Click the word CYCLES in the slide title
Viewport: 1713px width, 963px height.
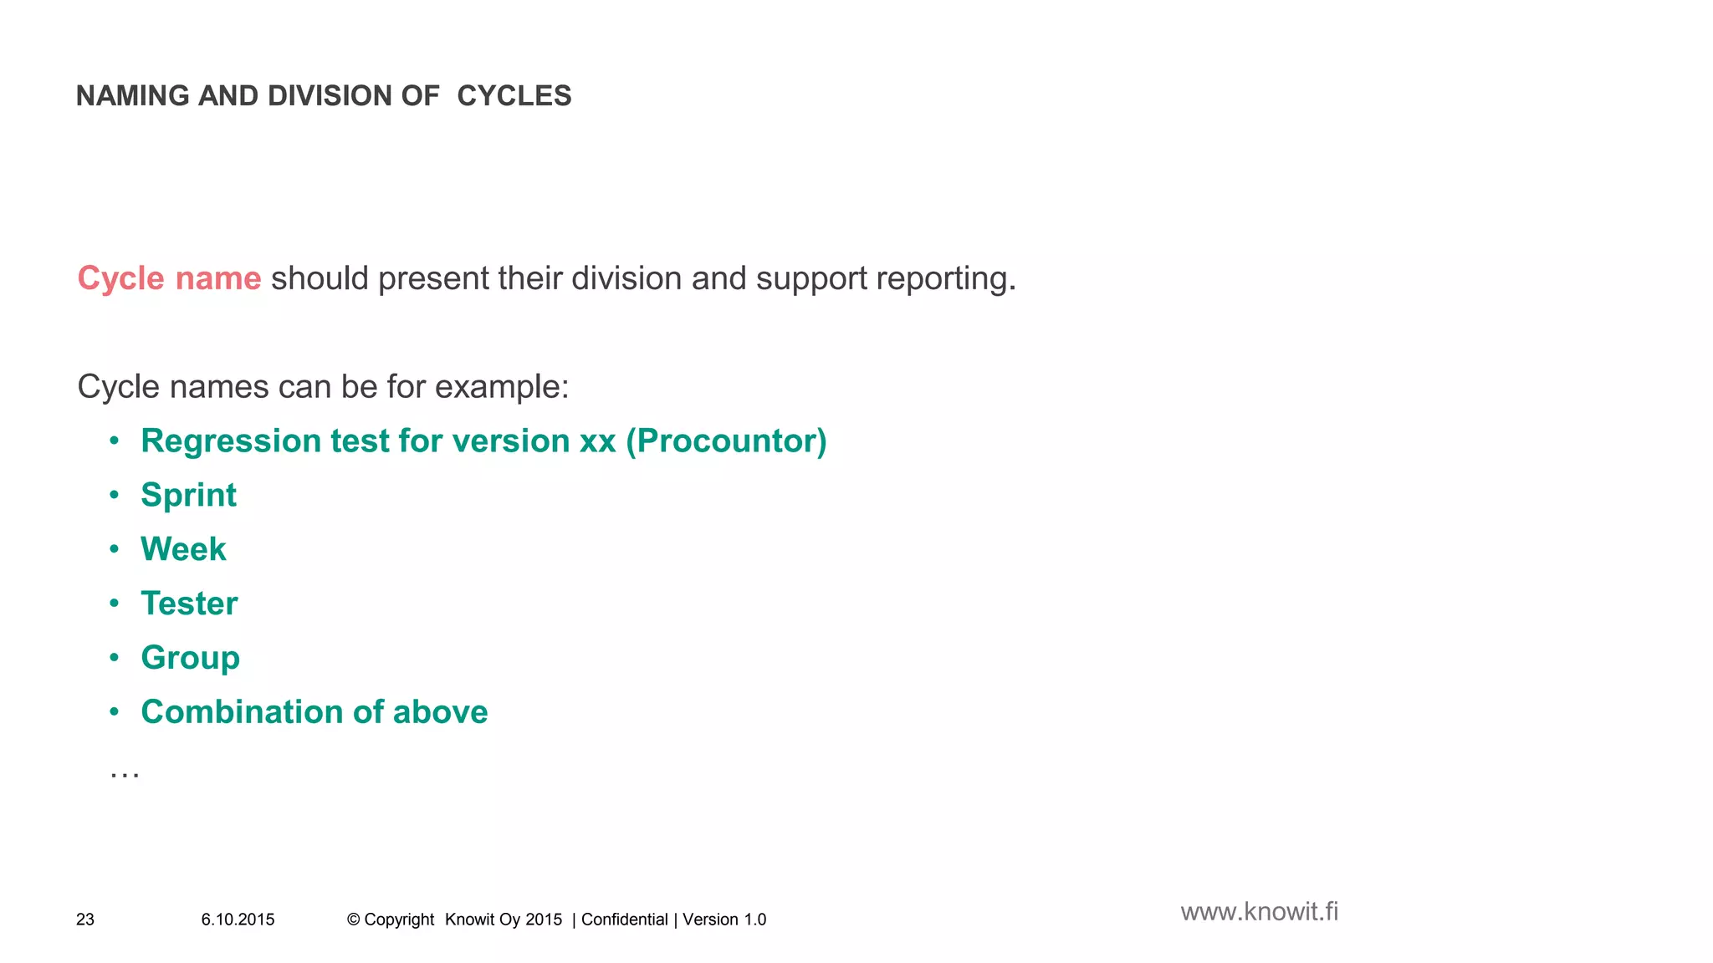(x=514, y=96)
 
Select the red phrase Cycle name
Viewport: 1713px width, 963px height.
(x=169, y=278)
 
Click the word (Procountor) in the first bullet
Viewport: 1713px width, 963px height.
(x=726, y=441)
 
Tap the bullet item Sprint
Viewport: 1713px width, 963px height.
(x=188, y=496)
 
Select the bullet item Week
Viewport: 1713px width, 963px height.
(x=183, y=549)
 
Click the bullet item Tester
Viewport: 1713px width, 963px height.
(x=189, y=604)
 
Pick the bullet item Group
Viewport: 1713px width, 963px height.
(x=190, y=658)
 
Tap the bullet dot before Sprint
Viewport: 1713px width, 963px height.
(x=115, y=495)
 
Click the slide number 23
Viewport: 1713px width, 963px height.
(x=85, y=920)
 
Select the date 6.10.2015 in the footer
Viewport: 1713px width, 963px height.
(x=238, y=920)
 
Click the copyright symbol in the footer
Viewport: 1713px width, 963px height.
(x=353, y=920)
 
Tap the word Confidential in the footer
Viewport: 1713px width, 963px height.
(x=624, y=920)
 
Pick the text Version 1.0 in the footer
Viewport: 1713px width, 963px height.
(x=724, y=920)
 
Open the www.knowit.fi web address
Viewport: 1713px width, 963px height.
(x=1259, y=911)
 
